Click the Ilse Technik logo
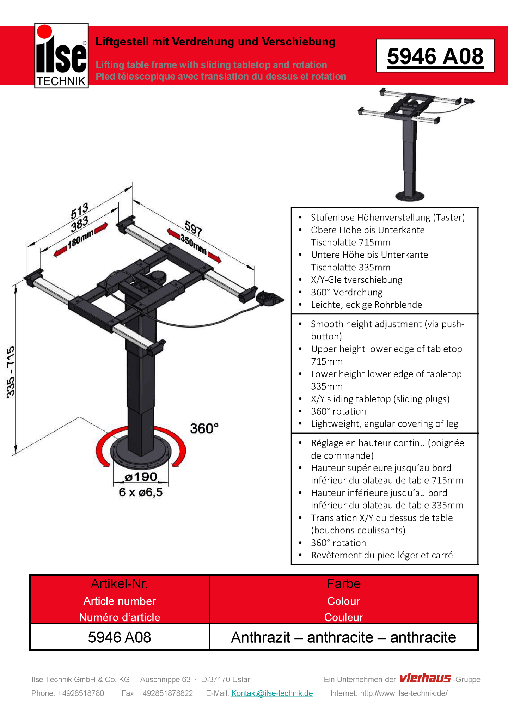(61, 56)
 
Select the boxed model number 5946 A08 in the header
(435, 56)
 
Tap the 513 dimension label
(79, 210)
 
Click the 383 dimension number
(79, 224)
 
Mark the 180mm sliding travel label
(81, 238)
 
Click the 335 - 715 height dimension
(11, 372)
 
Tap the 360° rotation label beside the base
(204, 428)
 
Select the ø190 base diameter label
(141, 477)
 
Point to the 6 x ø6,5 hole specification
(141, 492)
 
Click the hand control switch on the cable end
(270, 299)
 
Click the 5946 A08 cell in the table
(120, 637)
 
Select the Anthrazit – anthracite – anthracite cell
(343, 637)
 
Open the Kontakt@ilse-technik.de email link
(272, 693)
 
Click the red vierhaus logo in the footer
(425, 678)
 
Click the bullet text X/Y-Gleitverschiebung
(356, 280)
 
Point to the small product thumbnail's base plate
(409, 196)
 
